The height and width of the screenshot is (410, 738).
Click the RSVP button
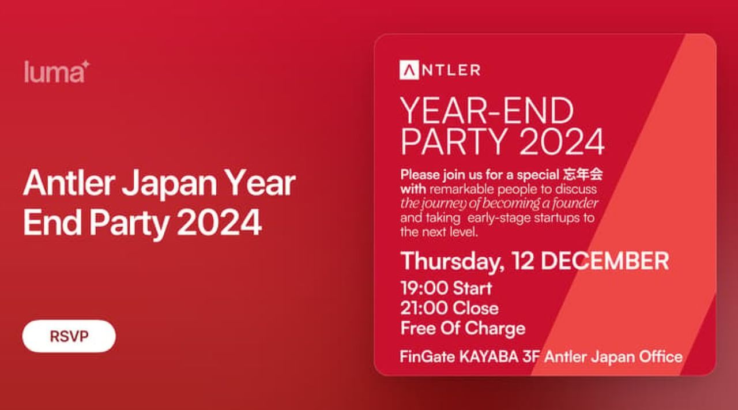coord(69,336)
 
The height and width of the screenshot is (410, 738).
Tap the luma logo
coord(57,72)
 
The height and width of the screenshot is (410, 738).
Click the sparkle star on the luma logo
coord(85,64)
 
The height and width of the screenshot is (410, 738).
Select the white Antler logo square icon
coord(409,70)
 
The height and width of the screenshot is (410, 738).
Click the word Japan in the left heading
coord(170,184)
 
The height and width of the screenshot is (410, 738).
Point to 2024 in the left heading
coord(221,223)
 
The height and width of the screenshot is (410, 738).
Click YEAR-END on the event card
coord(487,111)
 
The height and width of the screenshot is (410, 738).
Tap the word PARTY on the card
coord(453,142)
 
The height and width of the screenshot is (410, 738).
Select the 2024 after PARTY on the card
coord(562,142)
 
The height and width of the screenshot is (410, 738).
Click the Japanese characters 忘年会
coord(582,174)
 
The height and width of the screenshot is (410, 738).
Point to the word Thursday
coord(451,262)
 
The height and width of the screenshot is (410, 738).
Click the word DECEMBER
coord(605,261)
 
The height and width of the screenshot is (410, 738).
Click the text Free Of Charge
coord(463,329)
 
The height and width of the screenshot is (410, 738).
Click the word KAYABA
coord(488,357)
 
